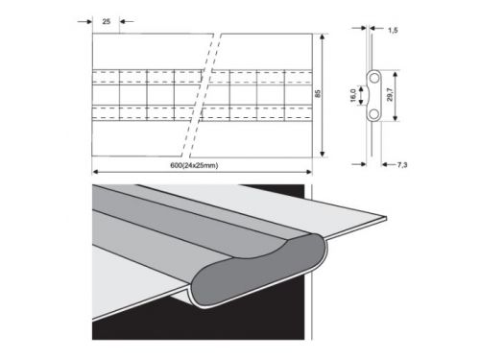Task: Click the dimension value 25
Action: (x=105, y=19)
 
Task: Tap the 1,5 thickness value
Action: (x=394, y=31)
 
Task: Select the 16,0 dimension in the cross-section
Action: (x=353, y=96)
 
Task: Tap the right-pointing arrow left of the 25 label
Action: (x=87, y=19)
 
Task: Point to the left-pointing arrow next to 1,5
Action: (x=379, y=31)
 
